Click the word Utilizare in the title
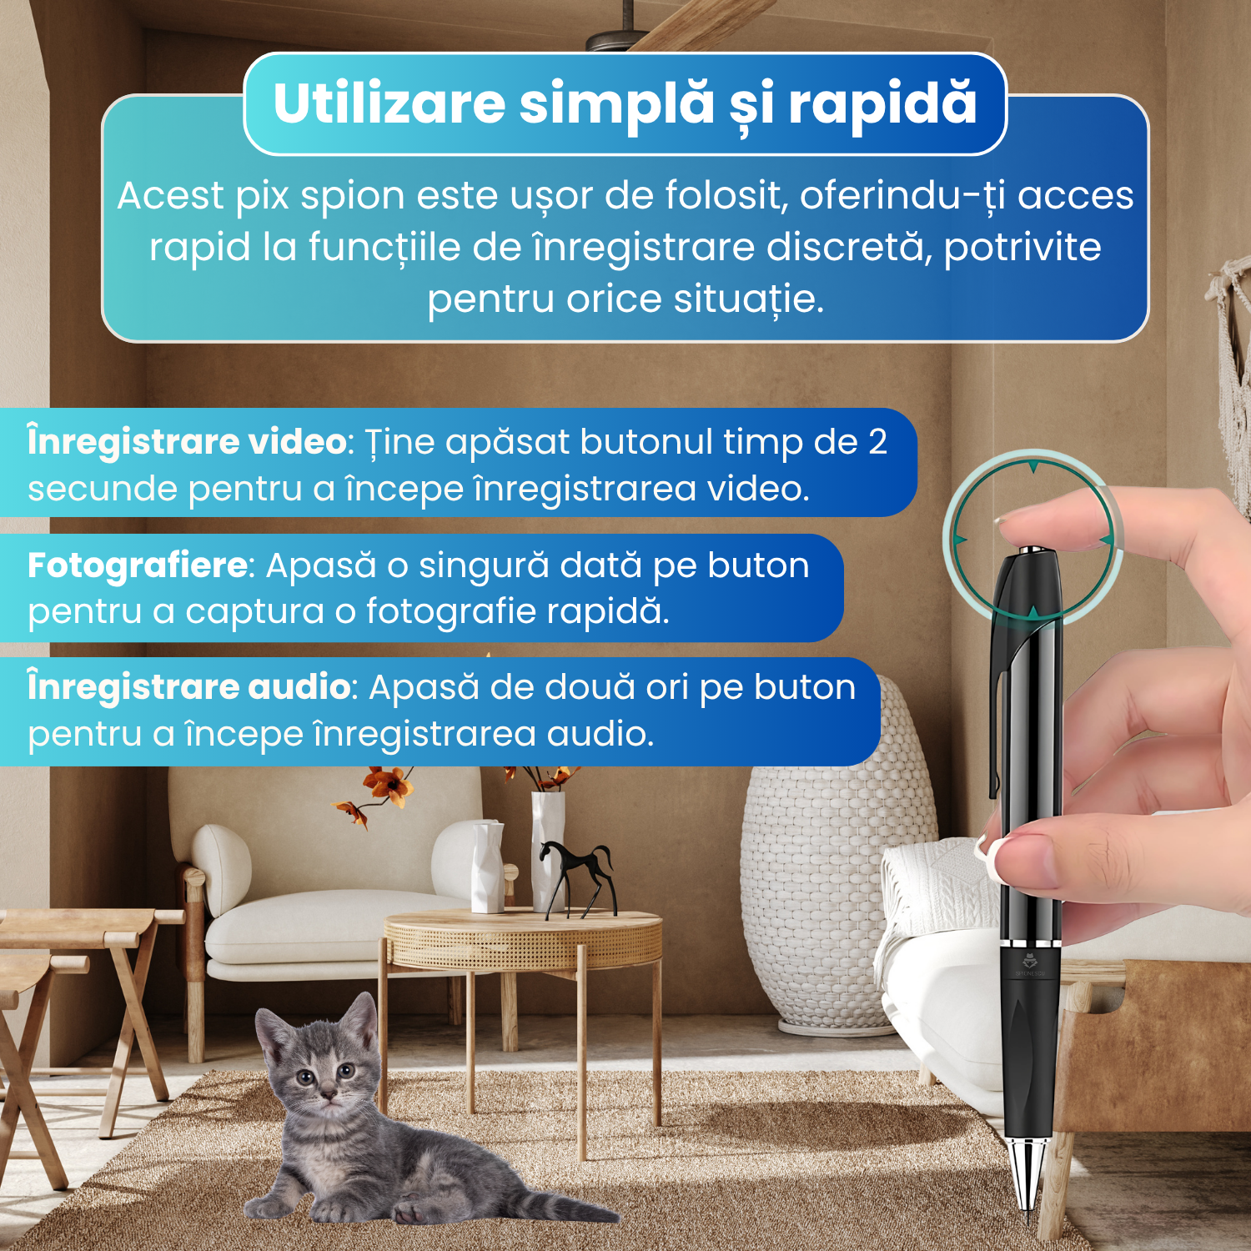click(x=389, y=104)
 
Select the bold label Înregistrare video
click(x=187, y=441)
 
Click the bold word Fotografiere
click(x=138, y=565)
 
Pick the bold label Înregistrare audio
click(x=188, y=686)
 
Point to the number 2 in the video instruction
click(x=877, y=442)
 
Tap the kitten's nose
click(x=329, y=1091)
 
